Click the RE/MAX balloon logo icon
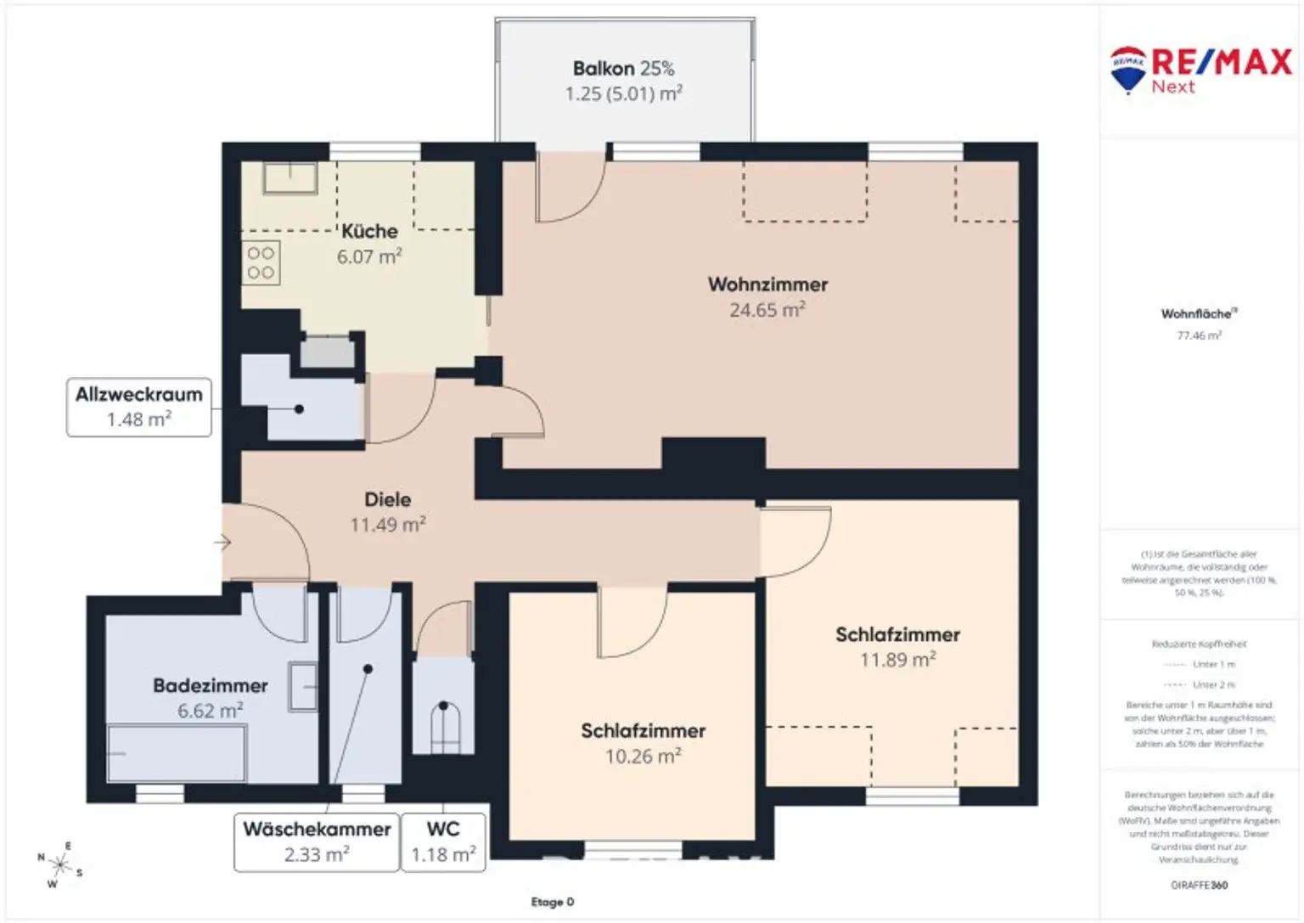pyautogui.click(x=1127, y=69)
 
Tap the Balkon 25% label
pyautogui.click(x=623, y=69)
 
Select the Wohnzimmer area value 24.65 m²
pyautogui.click(x=767, y=311)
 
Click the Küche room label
pyautogui.click(x=369, y=231)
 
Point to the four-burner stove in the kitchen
pyautogui.click(x=261, y=263)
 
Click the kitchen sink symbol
pyautogui.click(x=289, y=179)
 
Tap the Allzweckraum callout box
pyautogui.click(x=139, y=408)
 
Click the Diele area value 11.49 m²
pyautogui.click(x=388, y=526)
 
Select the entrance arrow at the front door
pyautogui.click(x=223, y=542)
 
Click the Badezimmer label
pyautogui.click(x=211, y=685)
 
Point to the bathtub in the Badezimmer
pyautogui.click(x=177, y=752)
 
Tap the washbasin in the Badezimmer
pyautogui.click(x=302, y=686)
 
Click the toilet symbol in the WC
pyautogui.click(x=444, y=726)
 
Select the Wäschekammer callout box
pyautogui.click(x=317, y=841)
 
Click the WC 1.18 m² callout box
pyautogui.click(x=443, y=841)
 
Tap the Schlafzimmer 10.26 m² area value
pyautogui.click(x=643, y=757)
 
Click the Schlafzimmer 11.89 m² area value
pyautogui.click(x=897, y=660)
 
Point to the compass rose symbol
pyautogui.click(x=60, y=865)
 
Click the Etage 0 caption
pyautogui.click(x=553, y=902)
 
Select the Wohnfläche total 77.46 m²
pyautogui.click(x=1199, y=335)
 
